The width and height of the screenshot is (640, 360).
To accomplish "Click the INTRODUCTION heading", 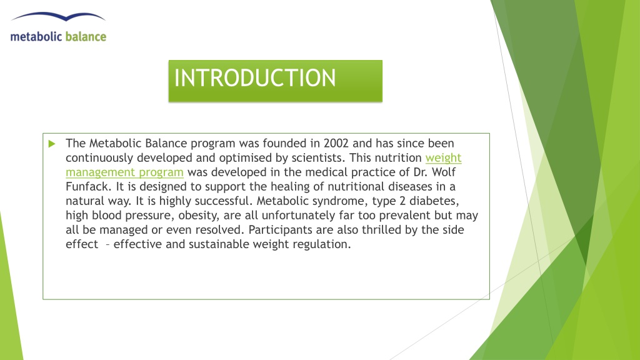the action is point(255,77).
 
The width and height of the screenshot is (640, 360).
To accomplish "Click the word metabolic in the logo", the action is point(36,37).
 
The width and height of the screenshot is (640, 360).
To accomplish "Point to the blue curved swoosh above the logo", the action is point(58,16).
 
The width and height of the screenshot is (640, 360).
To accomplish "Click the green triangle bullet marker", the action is point(52,144).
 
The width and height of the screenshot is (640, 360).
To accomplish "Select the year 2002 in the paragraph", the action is point(336,143).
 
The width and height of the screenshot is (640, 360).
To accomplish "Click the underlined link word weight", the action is point(443,158).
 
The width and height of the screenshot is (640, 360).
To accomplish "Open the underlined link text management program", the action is point(124,172).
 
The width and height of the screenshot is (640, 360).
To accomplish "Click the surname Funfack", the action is point(88,186).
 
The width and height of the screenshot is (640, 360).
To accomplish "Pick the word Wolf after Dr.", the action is point(444,172).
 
